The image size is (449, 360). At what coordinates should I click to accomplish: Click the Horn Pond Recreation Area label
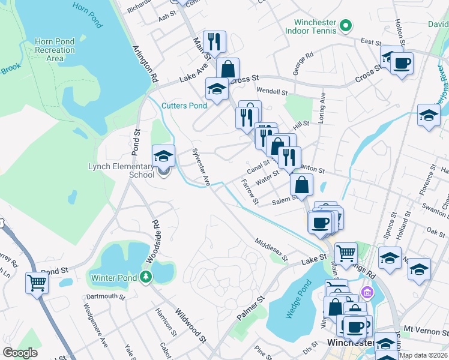click(x=55, y=50)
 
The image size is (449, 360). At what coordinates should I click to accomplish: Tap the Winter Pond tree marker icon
click(x=145, y=277)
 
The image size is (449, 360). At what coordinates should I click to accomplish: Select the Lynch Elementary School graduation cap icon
click(x=163, y=157)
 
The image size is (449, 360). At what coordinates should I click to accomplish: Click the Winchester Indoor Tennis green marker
click(x=345, y=26)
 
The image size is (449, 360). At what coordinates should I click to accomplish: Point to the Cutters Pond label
click(x=184, y=106)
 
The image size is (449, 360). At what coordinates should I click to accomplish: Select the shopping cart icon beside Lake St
click(x=346, y=253)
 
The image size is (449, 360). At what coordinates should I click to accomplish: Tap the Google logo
click(x=20, y=353)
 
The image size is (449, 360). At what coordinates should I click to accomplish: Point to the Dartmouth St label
click(x=105, y=296)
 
